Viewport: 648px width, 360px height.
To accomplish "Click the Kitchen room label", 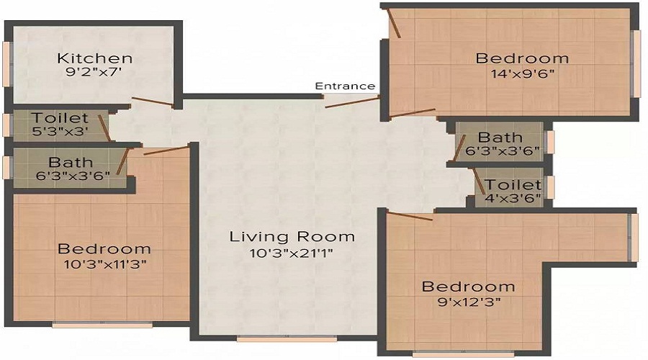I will [x=95, y=58].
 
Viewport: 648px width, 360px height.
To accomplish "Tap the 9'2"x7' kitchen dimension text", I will [x=95, y=72].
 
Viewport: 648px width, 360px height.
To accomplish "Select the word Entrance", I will [x=346, y=86].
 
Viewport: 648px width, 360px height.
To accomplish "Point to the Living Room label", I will [x=292, y=236].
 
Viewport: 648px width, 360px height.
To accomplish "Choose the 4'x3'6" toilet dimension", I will [x=513, y=199].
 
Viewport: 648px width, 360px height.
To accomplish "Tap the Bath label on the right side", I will [x=500, y=138].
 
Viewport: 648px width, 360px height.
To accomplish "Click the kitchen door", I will [x=152, y=102].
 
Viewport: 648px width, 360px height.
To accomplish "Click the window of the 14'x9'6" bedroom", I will [x=636, y=63].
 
